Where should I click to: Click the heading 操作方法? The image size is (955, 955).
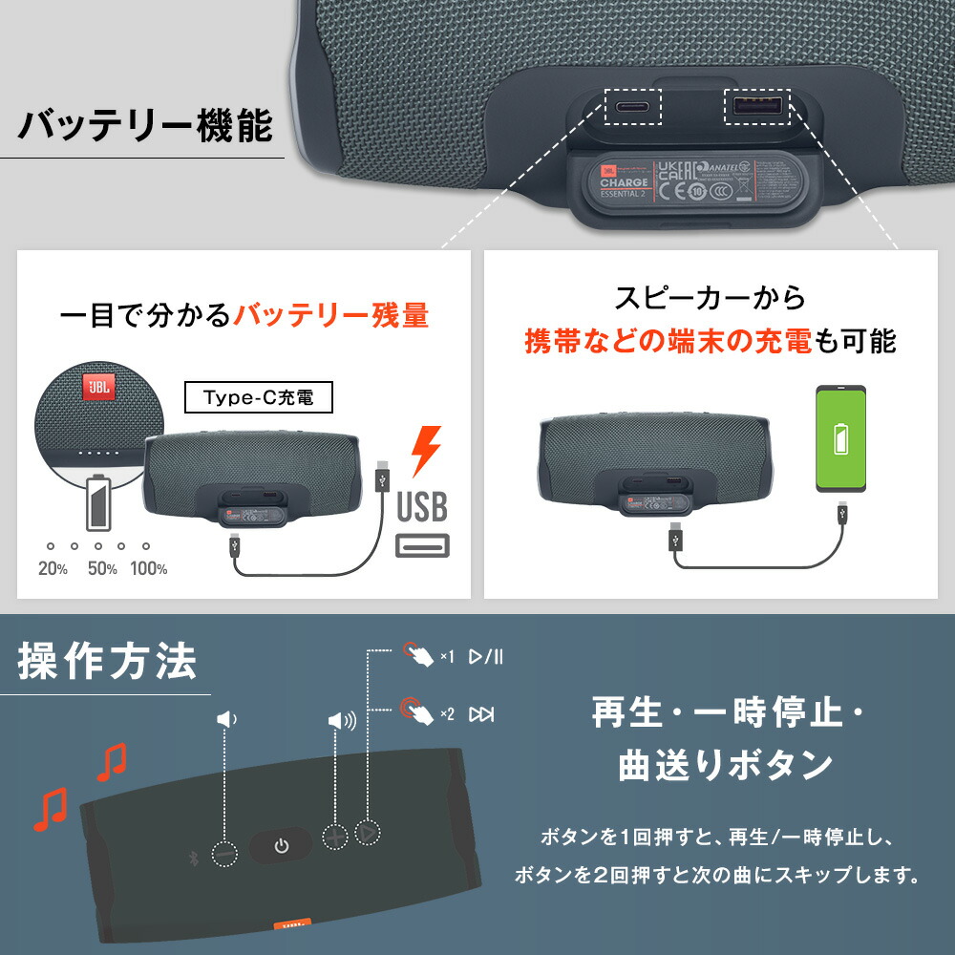tap(107, 661)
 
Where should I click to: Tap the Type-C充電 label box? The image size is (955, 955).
tap(258, 397)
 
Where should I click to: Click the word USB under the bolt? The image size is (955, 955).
tap(422, 507)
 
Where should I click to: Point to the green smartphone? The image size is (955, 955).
tap(840, 438)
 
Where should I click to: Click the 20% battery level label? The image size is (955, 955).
tap(53, 568)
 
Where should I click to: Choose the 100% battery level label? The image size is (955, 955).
tap(148, 568)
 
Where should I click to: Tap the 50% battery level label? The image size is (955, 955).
tap(102, 568)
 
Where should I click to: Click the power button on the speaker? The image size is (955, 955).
tap(281, 845)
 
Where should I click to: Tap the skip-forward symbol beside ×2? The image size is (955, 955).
tap(481, 713)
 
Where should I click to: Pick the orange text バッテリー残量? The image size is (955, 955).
tap(331, 315)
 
